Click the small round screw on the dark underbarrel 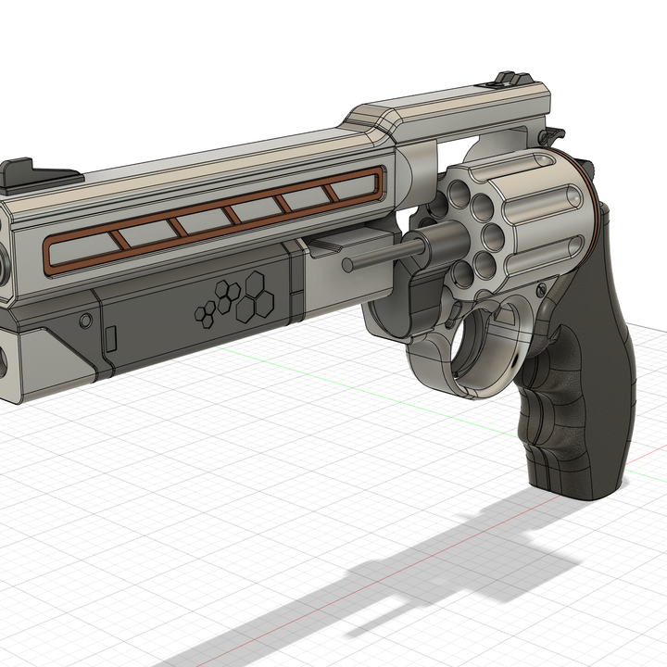85,321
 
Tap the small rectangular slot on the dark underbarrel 110,340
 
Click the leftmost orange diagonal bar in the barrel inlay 119,240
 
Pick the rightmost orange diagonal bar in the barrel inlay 332,193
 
